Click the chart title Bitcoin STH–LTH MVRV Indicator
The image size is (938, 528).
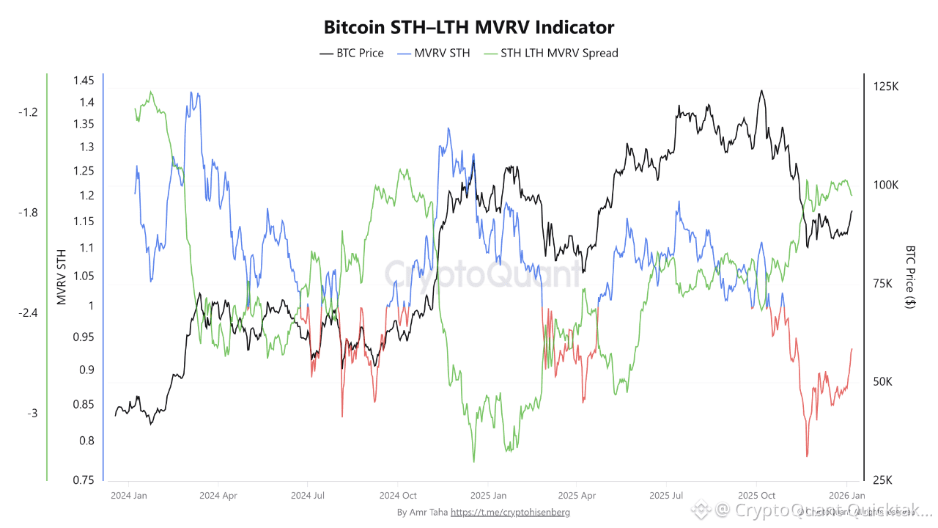tap(469, 28)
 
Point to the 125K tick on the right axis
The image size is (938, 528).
tap(886, 87)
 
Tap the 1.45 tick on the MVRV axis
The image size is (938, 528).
tap(84, 81)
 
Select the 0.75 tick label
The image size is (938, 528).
tap(84, 480)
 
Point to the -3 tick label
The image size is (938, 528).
tap(32, 414)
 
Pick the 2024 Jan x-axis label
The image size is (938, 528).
tap(128, 495)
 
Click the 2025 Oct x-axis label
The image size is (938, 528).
tap(756, 495)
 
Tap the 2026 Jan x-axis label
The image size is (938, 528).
tap(847, 495)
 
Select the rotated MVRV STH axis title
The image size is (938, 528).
tap(62, 276)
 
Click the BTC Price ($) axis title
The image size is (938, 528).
tap(910, 276)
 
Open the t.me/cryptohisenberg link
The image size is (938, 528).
tap(510, 513)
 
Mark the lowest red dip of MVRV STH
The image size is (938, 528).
tap(807, 456)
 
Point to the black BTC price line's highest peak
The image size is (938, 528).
tap(762, 91)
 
